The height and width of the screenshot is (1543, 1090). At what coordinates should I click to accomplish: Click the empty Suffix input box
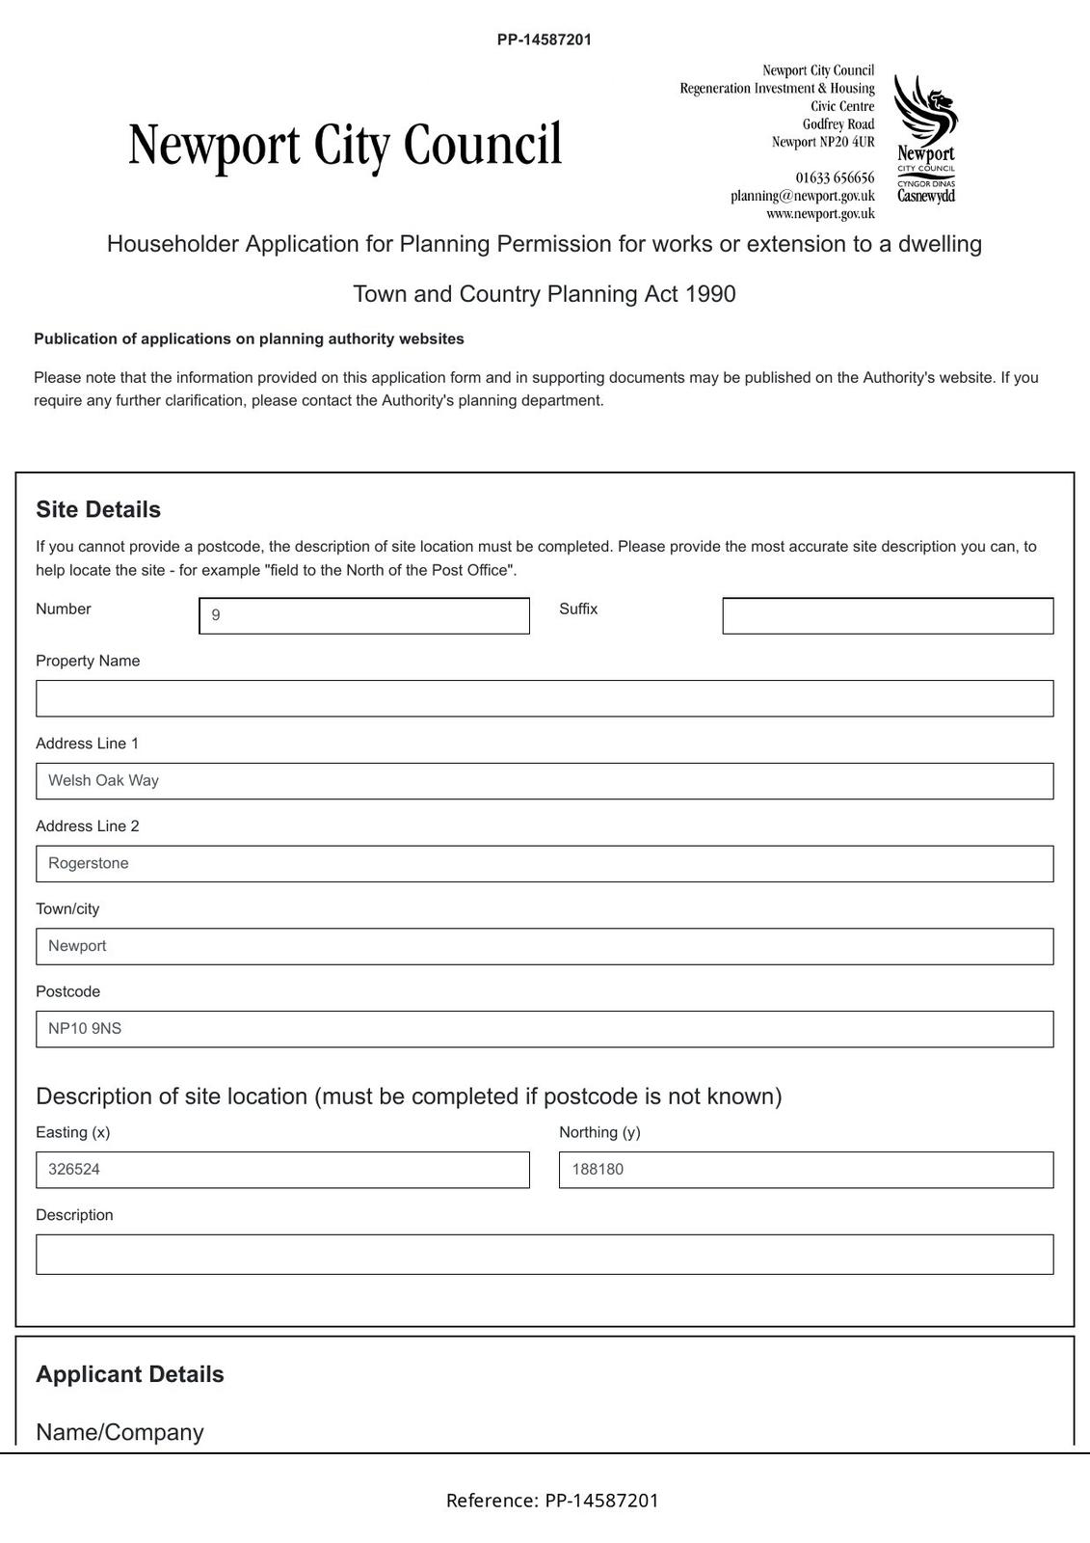[887, 615]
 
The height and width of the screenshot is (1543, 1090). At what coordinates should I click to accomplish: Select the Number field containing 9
[363, 615]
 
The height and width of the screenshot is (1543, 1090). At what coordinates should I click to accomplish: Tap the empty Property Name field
[544, 698]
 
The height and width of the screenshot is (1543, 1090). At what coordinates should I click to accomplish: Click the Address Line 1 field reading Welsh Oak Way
[544, 781]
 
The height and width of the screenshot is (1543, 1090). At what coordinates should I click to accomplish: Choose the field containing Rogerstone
[544, 864]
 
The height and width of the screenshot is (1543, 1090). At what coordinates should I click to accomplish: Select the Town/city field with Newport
[544, 946]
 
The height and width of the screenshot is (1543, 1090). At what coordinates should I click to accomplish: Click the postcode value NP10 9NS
[86, 1029]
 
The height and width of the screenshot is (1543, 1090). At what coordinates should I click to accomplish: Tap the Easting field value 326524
[74, 1170]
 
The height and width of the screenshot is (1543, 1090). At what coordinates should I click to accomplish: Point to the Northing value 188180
[598, 1170]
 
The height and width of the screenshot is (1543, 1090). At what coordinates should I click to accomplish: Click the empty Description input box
[544, 1254]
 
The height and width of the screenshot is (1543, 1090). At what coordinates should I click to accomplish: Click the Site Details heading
[98, 509]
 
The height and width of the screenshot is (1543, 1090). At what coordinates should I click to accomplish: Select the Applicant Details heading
[130, 1374]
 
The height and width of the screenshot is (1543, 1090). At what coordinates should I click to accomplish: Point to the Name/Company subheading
[120, 1432]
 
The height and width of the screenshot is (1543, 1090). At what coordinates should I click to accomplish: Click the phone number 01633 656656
[835, 177]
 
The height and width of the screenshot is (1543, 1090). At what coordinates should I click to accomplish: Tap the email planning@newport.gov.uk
[802, 196]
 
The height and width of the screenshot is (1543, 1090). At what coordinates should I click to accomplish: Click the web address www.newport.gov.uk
[820, 213]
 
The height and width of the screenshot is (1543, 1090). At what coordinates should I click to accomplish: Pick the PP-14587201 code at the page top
[545, 40]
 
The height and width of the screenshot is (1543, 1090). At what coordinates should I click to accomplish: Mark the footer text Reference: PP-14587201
[552, 1500]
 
